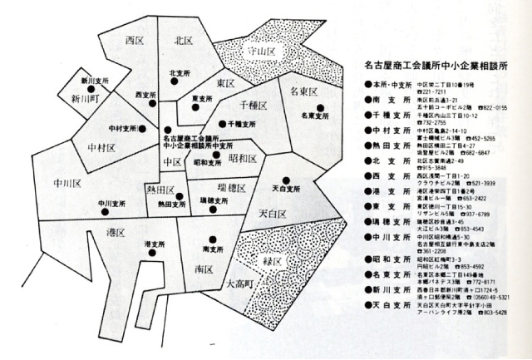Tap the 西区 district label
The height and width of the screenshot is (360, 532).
coord(135,39)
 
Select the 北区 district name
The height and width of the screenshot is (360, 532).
coord(185,39)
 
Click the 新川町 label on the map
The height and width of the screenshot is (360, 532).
coord(86,97)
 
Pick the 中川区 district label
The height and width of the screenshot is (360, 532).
coord(66,182)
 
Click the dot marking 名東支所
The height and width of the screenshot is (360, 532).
coord(319,107)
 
